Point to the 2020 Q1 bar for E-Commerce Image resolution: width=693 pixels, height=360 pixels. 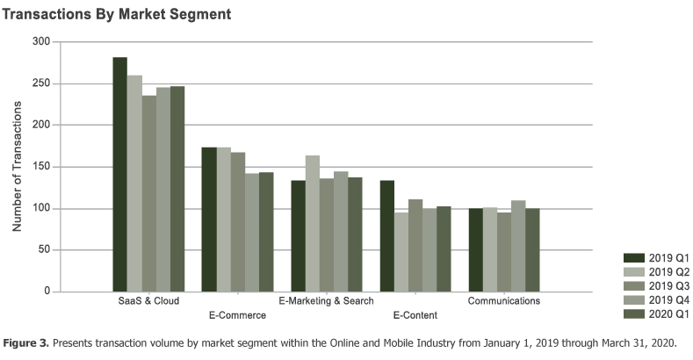(266, 232)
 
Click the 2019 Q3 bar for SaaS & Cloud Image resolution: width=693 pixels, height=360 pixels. (148, 193)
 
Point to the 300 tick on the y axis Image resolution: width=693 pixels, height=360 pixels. (40, 42)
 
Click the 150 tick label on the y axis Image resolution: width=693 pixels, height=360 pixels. (40, 167)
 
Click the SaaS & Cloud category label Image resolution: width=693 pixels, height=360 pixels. (148, 301)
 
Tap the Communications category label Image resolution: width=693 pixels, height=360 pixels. (504, 301)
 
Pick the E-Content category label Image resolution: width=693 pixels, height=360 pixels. (415, 314)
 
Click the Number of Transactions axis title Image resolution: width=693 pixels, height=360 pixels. (17, 167)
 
